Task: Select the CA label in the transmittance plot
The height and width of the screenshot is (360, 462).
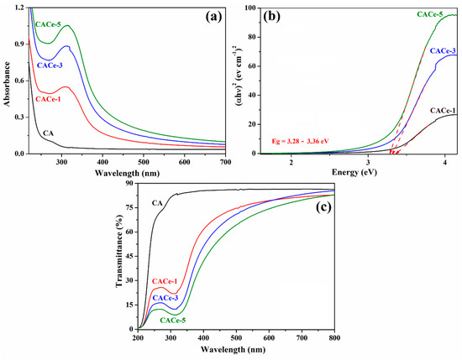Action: (x=156, y=202)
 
